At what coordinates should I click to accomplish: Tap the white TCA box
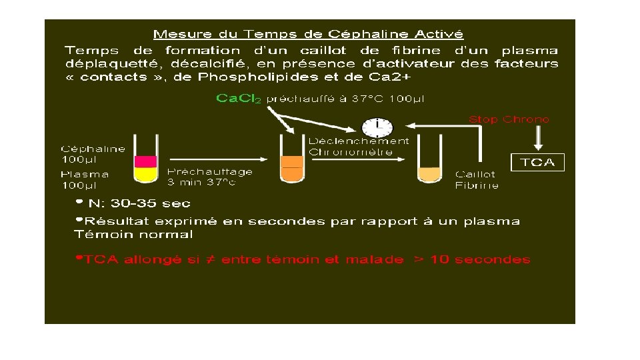pyautogui.click(x=537, y=162)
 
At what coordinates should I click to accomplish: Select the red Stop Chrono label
pyautogui.click(x=509, y=119)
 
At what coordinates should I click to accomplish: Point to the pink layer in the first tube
pyautogui.click(x=145, y=161)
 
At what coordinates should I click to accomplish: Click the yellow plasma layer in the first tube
pyautogui.click(x=145, y=174)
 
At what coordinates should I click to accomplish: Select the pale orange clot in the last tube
pyautogui.click(x=429, y=173)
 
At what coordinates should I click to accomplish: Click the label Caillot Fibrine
pyautogui.click(x=476, y=180)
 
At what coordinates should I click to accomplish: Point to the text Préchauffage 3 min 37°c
pyautogui.click(x=210, y=176)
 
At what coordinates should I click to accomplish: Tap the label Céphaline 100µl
pyautogui.click(x=93, y=154)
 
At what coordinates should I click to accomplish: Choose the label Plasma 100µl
pyautogui.click(x=85, y=179)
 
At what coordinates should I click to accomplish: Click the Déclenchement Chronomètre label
pyautogui.click(x=359, y=146)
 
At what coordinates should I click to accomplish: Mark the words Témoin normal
pyautogui.click(x=133, y=234)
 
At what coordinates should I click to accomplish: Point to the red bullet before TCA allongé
pyautogui.click(x=79, y=257)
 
